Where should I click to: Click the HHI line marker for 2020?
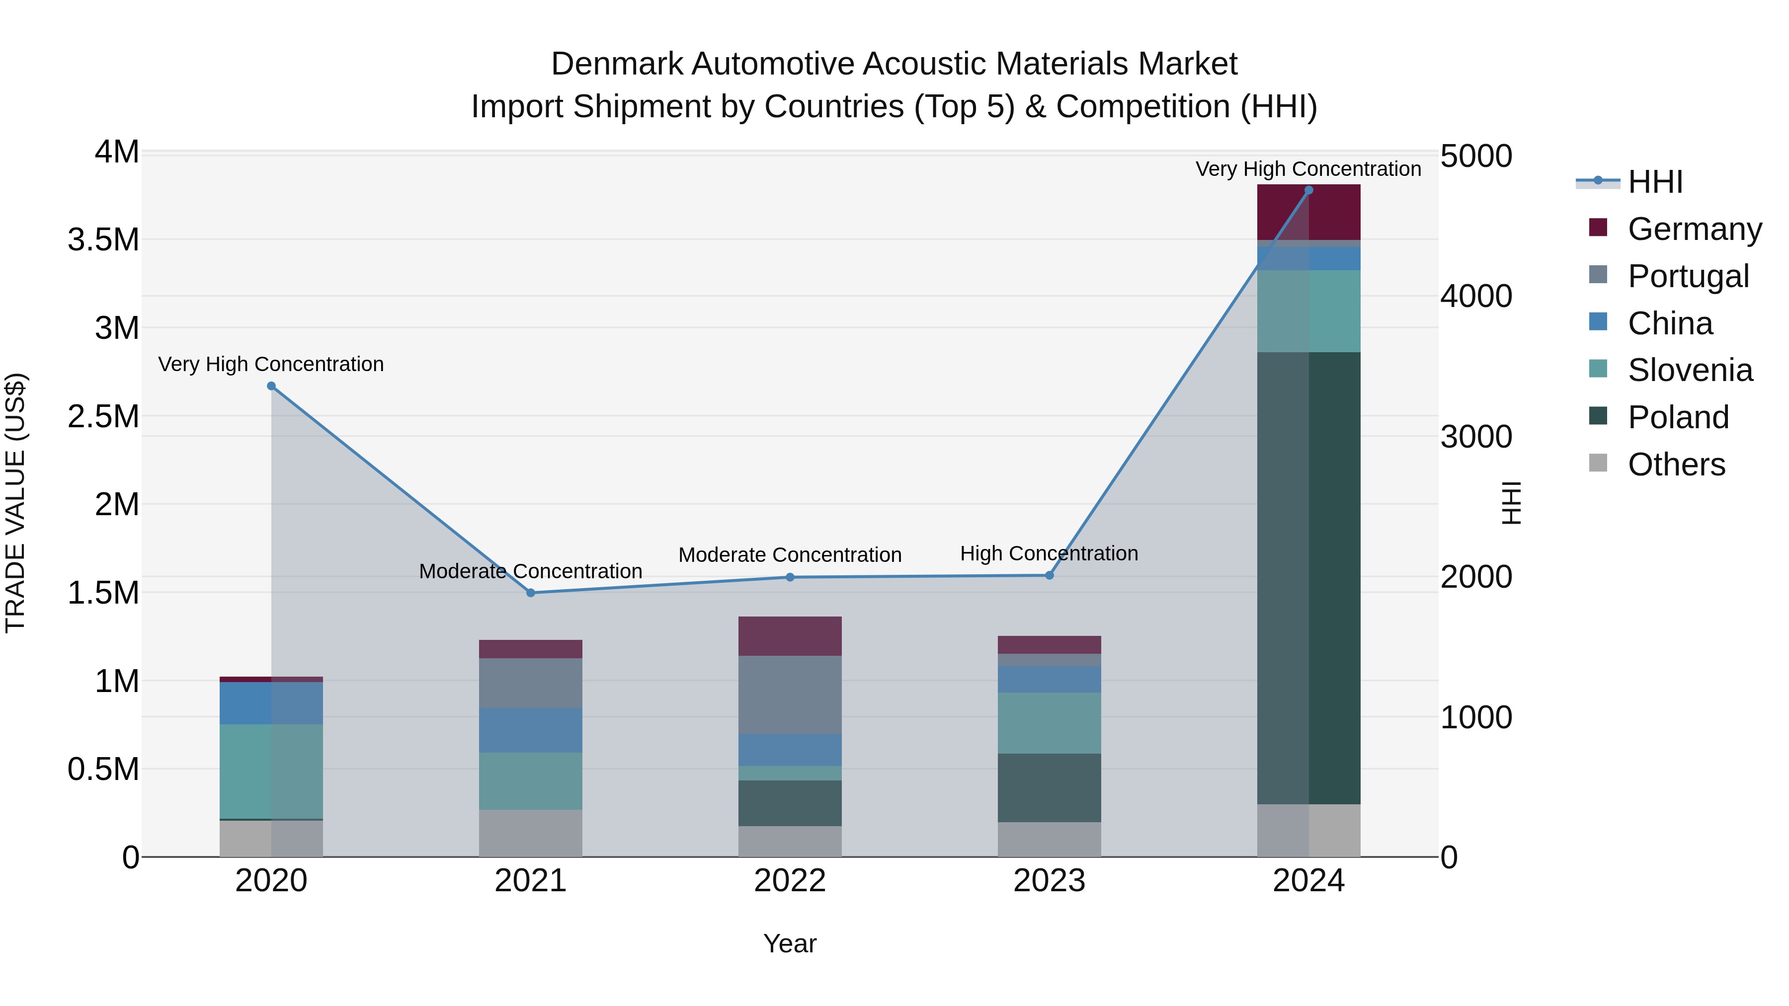point(271,386)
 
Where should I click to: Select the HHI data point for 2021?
point(531,593)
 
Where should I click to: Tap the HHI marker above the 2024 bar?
point(1308,190)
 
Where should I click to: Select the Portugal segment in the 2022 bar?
point(790,695)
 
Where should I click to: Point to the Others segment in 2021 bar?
point(531,833)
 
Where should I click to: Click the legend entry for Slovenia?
point(1690,370)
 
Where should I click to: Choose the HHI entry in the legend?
point(1655,182)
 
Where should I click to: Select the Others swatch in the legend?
point(1598,463)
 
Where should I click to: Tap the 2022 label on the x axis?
point(790,881)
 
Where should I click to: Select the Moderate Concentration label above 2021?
point(531,571)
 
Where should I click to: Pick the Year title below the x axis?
point(790,943)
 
